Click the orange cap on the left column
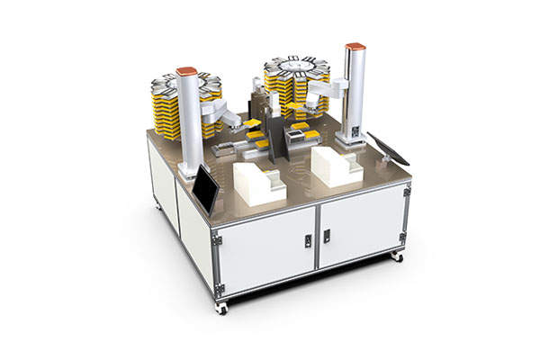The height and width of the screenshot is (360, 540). [x=187, y=69]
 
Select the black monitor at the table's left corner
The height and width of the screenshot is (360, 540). [x=206, y=190]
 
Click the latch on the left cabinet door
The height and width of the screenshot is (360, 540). [x=307, y=240]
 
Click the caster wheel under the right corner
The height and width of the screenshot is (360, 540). [x=396, y=257]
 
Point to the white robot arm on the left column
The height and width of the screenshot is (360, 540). [x=216, y=110]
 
